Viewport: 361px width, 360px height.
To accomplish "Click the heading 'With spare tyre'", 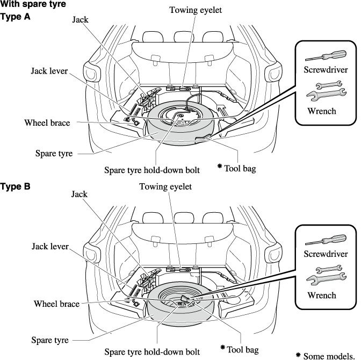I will [x=33, y=5].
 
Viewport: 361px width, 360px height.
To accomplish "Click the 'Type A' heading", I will [x=16, y=17].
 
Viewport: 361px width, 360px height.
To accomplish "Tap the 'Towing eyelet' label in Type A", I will [x=195, y=10].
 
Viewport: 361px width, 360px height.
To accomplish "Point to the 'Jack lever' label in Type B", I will [x=50, y=247].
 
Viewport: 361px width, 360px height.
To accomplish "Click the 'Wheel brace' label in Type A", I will [x=47, y=123].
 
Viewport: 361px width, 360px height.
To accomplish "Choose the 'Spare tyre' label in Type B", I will [x=50, y=340].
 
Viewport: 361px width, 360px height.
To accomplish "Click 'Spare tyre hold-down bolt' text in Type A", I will [x=152, y=170].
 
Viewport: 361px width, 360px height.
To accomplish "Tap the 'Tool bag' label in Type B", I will [x=242, y=349].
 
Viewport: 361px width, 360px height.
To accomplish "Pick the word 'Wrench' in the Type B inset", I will [x=322, y=295].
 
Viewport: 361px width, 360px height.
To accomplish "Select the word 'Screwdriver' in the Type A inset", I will [x=326, y=70].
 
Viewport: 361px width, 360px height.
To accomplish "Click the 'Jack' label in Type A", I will [x=80, y=20].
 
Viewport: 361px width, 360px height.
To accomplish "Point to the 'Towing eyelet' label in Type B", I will [x=165, y=186].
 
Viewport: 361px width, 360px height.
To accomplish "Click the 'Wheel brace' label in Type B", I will [x=57, y=304].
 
